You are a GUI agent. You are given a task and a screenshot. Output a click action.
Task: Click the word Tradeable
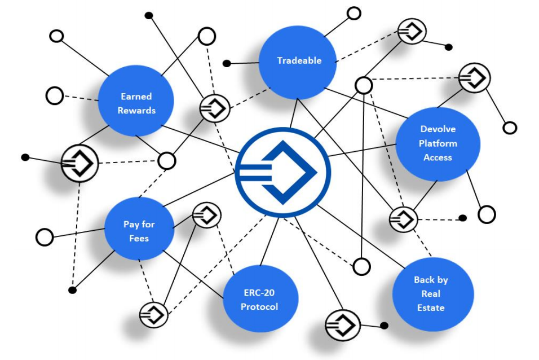299,60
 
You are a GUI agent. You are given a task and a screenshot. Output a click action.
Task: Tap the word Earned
136,96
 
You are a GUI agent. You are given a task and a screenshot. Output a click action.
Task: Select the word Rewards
136,111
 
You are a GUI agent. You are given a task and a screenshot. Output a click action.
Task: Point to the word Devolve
438,129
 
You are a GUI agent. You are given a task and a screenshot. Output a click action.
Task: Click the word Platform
438,143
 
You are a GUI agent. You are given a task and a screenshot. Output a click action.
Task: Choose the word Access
438,157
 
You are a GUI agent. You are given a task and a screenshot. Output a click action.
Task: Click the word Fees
139,238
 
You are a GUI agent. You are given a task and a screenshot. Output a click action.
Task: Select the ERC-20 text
259,292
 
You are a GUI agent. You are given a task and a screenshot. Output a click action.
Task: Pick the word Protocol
259,306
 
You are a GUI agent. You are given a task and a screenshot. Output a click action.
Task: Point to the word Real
431,293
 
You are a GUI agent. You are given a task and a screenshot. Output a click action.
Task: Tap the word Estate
431,308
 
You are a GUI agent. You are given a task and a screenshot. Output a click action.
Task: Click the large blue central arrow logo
283,172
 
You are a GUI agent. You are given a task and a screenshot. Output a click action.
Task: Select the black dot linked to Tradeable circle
227,63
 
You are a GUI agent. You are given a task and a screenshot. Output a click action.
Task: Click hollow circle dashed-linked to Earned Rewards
55,96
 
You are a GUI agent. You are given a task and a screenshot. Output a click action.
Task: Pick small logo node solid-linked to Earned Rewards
79,163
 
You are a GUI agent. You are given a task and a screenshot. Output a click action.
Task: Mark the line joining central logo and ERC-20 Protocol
269,242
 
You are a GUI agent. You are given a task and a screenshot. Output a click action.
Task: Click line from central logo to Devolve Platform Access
361,151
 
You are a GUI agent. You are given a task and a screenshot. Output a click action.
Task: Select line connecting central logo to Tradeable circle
294,113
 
